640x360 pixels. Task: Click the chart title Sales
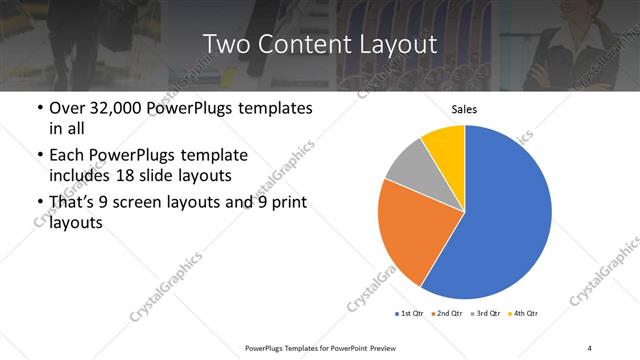pyautogui.click(x=464, y=109)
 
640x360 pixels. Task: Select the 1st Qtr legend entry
pyautogui.click(x=410, y=314)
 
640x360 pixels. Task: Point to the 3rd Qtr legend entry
pyautogui.click(x=486, y=314)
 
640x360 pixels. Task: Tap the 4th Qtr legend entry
pyautogui.click(x=524, y=314)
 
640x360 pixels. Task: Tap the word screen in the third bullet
pyautogui.click(x=145, y=203)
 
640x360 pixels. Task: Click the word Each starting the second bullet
pyautogui.click(x=66, y=156)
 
